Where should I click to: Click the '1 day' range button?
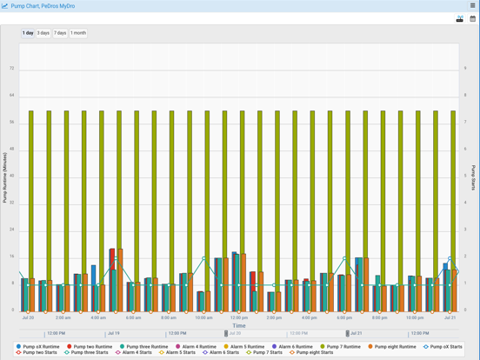28,33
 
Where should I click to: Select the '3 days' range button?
43,33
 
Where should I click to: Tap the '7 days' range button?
60,33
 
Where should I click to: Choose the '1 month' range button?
78,33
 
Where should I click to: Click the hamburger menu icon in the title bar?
473,5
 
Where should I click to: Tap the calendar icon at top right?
473,18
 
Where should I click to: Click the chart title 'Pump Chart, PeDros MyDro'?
43,5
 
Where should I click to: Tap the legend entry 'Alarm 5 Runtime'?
248,347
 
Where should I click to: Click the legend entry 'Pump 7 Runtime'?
345,347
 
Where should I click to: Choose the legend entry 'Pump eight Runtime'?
395,347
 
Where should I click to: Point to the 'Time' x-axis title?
239,326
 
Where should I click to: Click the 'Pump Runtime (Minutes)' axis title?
5,177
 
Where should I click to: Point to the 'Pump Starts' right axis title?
474,177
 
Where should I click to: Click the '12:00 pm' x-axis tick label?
239,317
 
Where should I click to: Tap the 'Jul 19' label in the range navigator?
114,333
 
